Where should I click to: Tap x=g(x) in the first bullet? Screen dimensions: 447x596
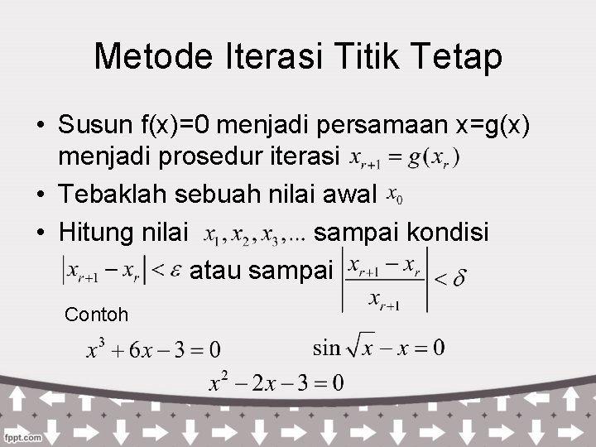(x=488, y=125)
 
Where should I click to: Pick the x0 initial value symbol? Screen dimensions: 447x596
(x=396, y=197)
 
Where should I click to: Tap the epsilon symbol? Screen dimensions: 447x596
(x=175, y=271)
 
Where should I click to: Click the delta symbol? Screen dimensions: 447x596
(x=458, y=279)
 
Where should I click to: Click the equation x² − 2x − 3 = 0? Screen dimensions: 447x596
(x=276, y=382)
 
